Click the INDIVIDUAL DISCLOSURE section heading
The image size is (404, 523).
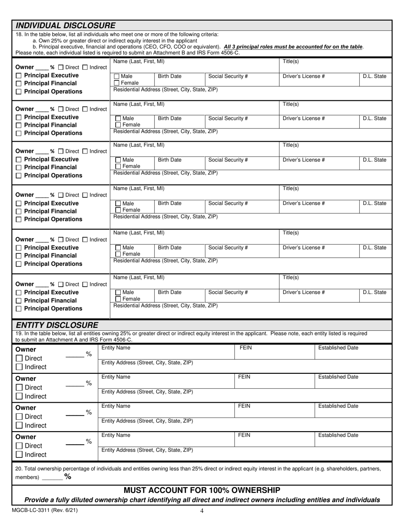pos(65,26)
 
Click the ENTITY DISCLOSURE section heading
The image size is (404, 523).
pos(57,325)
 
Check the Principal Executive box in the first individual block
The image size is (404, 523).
pos(18,76)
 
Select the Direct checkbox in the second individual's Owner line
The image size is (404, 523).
pos(61,109)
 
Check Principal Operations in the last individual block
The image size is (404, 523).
pos(18,309)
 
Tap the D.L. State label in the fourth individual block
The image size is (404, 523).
pos(374,203)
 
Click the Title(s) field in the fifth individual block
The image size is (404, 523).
pos(336,236)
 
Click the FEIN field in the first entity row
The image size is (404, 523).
pos(274,352)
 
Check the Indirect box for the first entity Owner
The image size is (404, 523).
pos(19,367)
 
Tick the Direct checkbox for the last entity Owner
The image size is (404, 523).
pos(19,446)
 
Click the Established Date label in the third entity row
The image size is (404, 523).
pos(338,406)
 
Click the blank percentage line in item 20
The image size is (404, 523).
pos(52,478)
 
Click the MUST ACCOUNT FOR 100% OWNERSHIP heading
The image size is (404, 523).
pos(202,490)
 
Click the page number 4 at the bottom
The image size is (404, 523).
pos(202,511)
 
